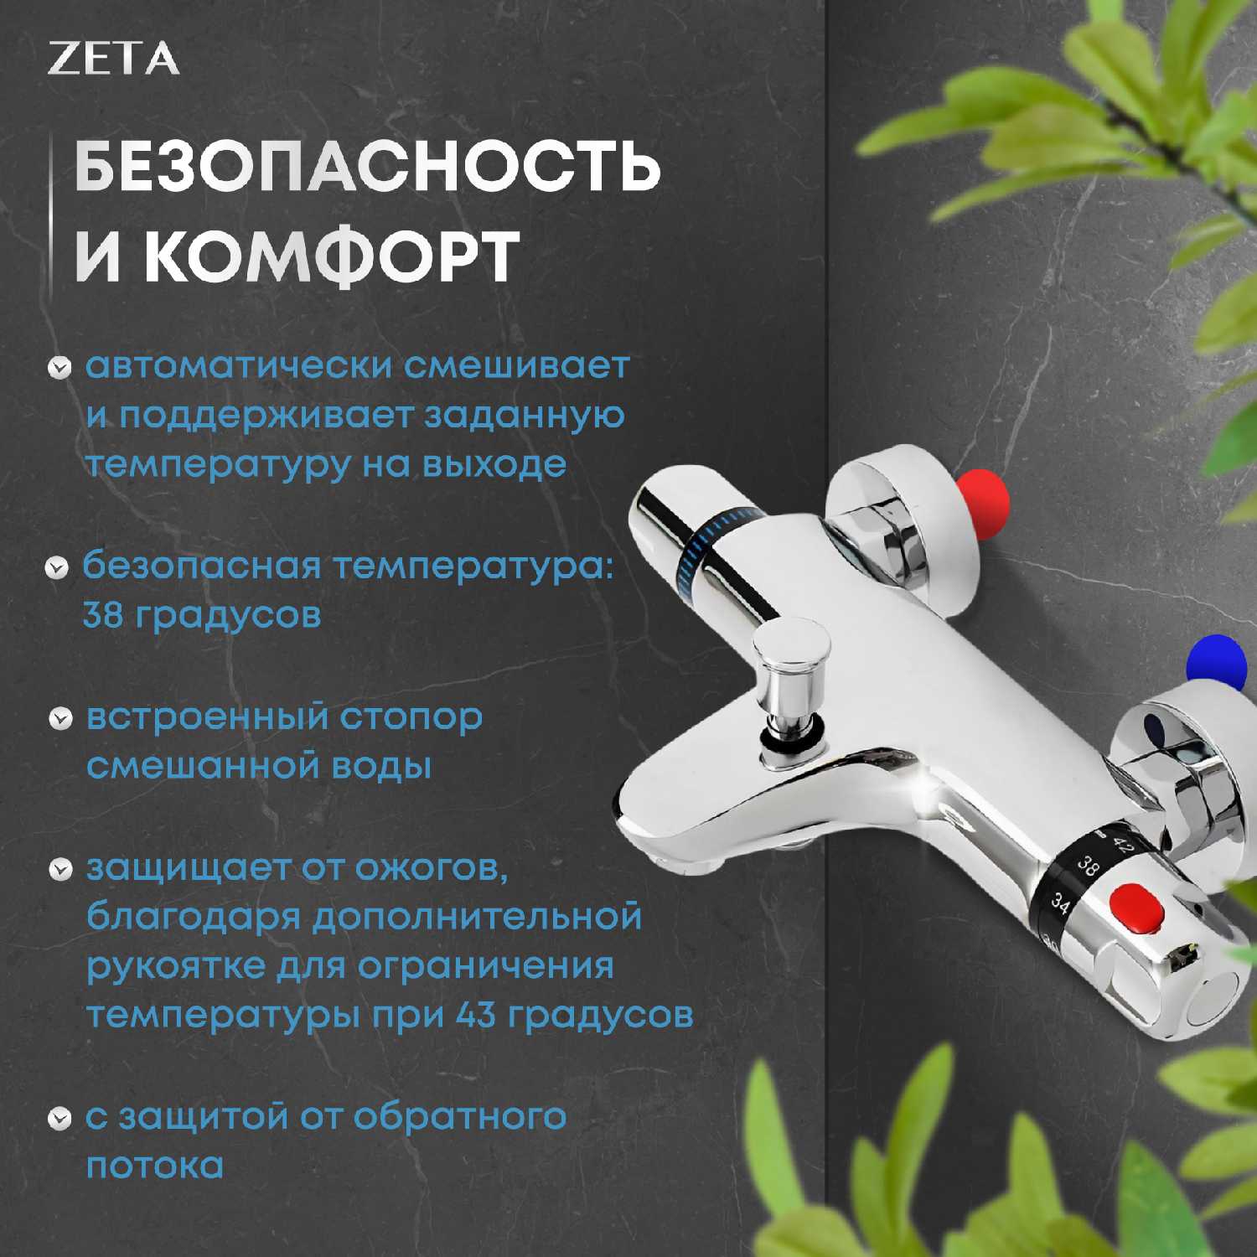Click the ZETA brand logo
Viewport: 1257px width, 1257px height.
click(x=113, y=59)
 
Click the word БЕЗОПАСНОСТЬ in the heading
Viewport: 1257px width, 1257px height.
click(x=369, y=167)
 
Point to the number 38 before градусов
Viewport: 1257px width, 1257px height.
click(x=103, y=616)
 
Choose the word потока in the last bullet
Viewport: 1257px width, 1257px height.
click(x=155, y=1166)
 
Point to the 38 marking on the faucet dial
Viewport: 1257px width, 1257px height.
click(x=1087, y=866)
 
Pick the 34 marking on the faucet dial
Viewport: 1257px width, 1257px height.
click(x=1060, y=903)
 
